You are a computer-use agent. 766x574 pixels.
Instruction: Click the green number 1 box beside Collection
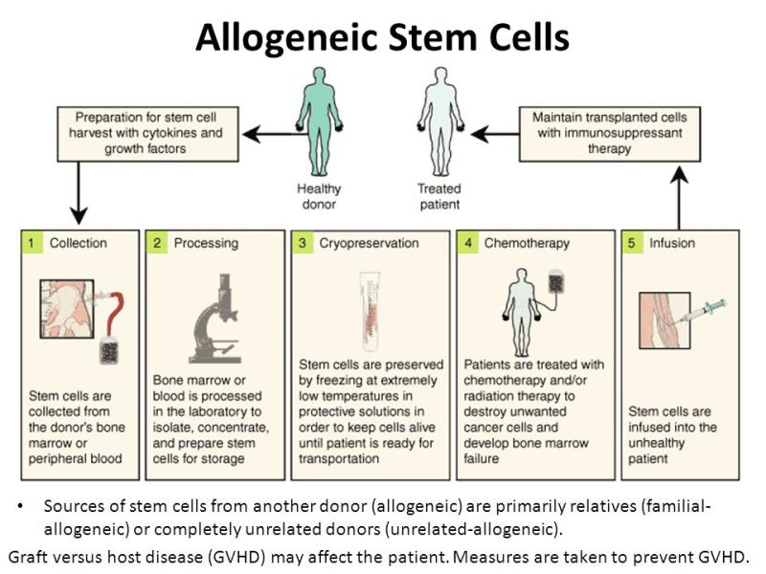click(x=32, y=243)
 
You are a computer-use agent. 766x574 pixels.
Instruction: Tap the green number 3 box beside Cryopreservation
click(x=302, y=243)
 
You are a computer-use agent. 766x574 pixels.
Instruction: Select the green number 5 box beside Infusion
click(x=632, y=243)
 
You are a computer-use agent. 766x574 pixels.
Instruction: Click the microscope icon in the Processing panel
click(x=215, y=319)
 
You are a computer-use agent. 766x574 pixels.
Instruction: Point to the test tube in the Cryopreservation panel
click(x=370, y=312)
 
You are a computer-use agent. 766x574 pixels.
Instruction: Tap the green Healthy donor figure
click(x=320, y=121)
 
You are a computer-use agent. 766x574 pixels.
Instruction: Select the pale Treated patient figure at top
click(x=440, y=121)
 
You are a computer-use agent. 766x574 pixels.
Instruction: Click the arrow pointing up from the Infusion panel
click(x=679, y=198)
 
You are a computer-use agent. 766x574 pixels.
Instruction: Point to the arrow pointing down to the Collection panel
click(x=79, y=193)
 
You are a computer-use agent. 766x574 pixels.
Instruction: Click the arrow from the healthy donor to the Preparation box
click(x=274, y=134)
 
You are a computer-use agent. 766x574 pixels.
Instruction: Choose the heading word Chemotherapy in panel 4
click(x=527, y=243)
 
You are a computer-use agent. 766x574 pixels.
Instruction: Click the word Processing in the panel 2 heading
click(x=206, y=243)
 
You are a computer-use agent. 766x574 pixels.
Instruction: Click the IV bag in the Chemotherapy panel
click(x=556, y=281)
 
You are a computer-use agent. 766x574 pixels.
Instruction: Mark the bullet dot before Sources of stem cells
click(x=20, y=506)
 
